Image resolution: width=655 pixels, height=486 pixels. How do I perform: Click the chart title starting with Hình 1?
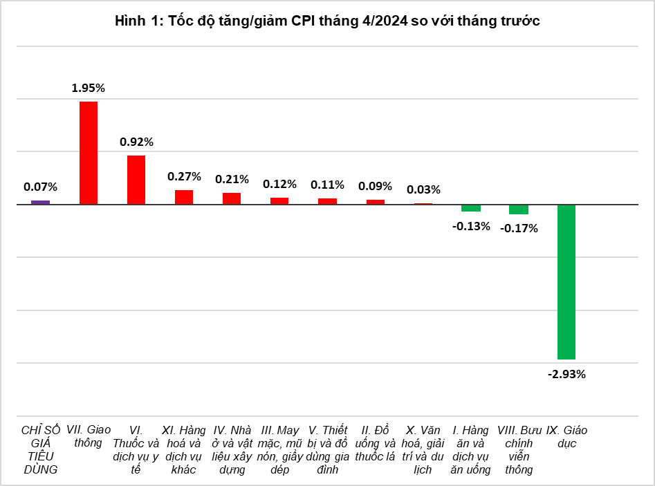(x=327, y=21)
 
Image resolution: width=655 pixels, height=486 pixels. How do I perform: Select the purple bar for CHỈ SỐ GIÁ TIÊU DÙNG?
(x=40, y=202)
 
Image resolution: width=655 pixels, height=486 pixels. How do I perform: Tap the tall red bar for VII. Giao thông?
(x=88, y=153)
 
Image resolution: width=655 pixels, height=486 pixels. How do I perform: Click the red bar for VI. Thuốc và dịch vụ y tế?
(x=136, y=180)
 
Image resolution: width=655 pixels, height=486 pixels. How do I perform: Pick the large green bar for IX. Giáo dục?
(x=566, y=282)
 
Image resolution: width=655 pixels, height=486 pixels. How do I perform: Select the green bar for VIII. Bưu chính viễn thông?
(x=519, y=209)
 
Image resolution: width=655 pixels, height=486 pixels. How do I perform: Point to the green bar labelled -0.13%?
(x=471, y=208)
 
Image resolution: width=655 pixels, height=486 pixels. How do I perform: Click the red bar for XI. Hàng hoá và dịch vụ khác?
(x=184, y=197)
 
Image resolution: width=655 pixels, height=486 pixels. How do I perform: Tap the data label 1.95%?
(x=88, y=88)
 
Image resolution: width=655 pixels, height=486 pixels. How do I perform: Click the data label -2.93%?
(x=566, y=374)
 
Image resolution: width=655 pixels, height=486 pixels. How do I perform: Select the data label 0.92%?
(x=136, y=142)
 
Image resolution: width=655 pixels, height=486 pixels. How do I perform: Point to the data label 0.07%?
(x=40, y=187)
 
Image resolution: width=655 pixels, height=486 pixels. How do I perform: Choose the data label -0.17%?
(x=519, y=227)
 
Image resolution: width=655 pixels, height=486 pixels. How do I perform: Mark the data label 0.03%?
(x=423, y=189)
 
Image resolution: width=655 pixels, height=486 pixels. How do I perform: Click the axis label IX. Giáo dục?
(x=566, y=437)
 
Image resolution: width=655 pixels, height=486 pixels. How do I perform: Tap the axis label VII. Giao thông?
(x=88, y=437)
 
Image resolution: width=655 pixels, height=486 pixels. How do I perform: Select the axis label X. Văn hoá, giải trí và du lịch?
(x=423, y=450)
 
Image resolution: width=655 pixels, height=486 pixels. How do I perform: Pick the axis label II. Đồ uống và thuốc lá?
(x=375, y=443)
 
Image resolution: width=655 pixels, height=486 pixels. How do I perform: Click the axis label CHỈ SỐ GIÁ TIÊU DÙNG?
(x=40, y=450)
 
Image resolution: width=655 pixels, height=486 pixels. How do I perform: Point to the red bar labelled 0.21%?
(x=232, y=198)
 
